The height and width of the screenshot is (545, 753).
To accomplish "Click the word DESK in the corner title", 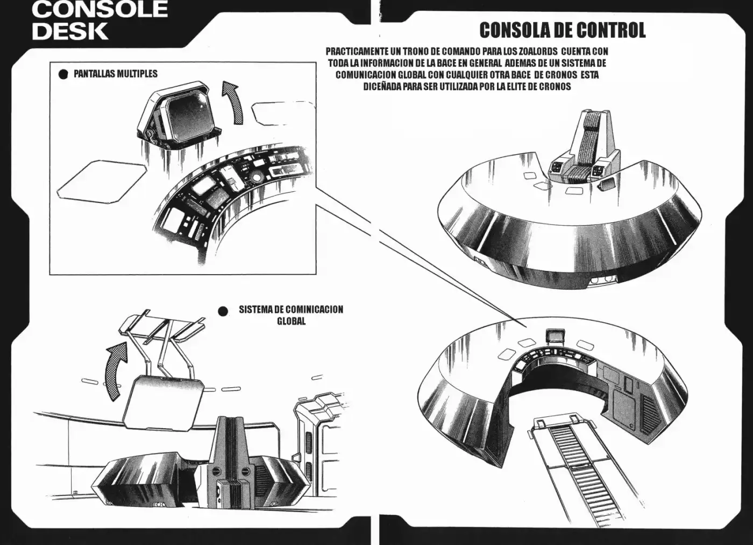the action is click(70, 31).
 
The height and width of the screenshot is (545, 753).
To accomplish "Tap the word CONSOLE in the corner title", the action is click(100, 9).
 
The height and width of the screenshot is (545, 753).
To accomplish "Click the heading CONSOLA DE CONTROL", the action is click(563, 30).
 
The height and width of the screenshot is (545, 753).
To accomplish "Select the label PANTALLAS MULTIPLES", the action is click(116, 74).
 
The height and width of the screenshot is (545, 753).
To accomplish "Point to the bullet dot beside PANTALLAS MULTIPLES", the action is click(63, 74).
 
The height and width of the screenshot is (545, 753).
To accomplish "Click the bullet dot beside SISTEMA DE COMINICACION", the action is click(223, 311).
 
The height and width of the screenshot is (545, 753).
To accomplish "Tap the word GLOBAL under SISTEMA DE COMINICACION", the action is click(291, 321).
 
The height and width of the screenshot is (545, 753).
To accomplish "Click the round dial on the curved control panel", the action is click(257, 176).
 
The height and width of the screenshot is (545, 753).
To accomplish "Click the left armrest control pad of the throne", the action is click(556, 166).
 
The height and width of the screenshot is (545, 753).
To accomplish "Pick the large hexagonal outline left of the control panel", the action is click(102, 181).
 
